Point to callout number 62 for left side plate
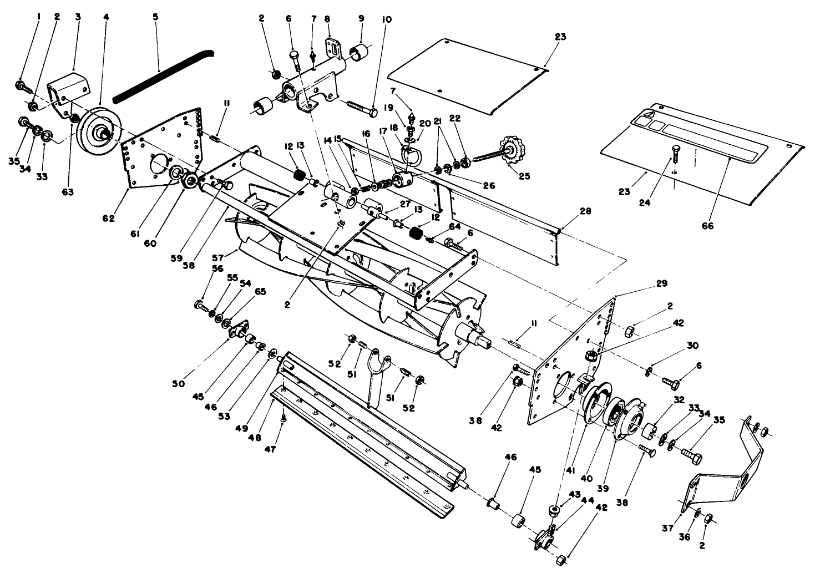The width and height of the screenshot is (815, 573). (x=108, y=218)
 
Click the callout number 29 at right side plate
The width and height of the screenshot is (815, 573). (x=661, y=283)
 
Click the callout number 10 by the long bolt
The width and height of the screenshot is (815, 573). (x=387, y=19)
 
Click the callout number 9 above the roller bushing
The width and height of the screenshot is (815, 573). (x=361, y=18)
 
